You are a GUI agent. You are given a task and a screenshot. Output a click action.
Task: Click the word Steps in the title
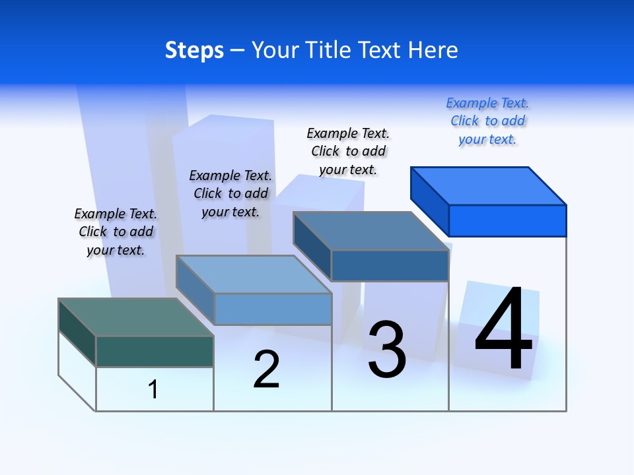(x=194, y=50)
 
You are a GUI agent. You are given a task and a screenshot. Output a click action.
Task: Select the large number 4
(x=503, y=331)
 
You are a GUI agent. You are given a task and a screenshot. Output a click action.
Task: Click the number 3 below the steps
(x=387, y=350)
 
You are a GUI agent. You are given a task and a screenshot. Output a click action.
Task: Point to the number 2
(x=267, y=369)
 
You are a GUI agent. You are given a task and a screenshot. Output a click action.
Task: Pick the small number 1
(x=153, y=389)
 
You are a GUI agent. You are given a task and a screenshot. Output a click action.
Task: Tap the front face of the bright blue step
(x=507, y=220)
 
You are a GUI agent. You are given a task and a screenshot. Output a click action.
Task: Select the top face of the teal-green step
(x=135, y=317)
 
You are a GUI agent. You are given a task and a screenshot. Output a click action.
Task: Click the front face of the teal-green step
(x=155, y=351)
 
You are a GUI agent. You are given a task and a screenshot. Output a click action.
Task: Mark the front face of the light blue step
(x=273, y=309)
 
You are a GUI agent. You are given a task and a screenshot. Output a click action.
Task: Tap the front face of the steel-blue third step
(x=390, y=265)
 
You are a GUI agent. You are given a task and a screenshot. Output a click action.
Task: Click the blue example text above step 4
(x=487, y=121)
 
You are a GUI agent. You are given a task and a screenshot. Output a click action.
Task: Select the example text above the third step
(x=349, y=151)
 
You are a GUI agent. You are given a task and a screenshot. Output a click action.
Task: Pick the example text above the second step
(x=230, y=193)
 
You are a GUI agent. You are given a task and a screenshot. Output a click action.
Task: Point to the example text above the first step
(x=116, y=232)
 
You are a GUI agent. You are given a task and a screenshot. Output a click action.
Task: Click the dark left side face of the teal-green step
(x=77, y=332)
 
